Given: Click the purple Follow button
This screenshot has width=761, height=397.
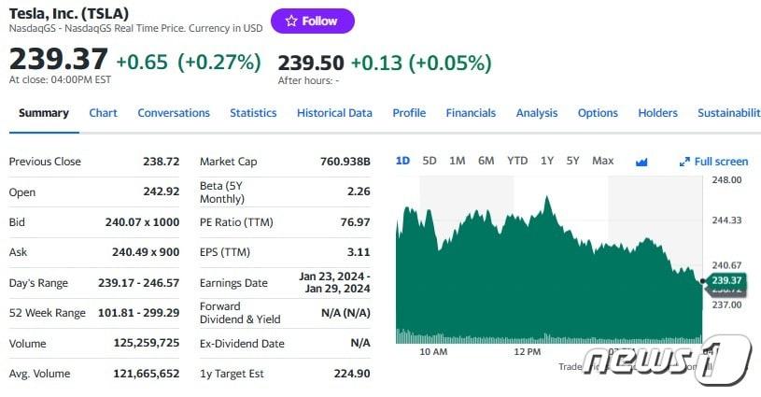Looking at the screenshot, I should coord(313,21).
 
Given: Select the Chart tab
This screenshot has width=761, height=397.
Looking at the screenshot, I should coord(103,113).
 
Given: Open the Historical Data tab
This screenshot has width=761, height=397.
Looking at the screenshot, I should coord(334,113).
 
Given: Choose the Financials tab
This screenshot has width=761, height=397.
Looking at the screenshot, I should coord(471,113).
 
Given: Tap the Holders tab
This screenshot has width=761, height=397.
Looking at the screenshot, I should coord(657,113).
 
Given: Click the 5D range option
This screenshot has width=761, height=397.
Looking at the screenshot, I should coord(430,161).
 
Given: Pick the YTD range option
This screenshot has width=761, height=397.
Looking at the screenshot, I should coord(517,161).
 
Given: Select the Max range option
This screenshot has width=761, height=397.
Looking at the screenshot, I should coord(603,161).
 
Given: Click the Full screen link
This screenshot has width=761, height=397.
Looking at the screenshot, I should coord(714,162).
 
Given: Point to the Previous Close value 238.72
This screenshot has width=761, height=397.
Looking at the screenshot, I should coord(161,162).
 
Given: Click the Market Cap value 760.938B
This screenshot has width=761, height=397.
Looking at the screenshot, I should coord(345,162).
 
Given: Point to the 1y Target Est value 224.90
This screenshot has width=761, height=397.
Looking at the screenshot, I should coord(352,374).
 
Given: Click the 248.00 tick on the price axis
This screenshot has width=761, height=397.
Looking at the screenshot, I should coord(726,178).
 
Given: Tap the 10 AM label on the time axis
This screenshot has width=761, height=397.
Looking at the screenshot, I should coord(433,352).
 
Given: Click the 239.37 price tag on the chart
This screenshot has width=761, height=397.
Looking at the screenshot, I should coord(726,280).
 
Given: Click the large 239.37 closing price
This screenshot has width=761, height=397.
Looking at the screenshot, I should coord(58,60).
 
